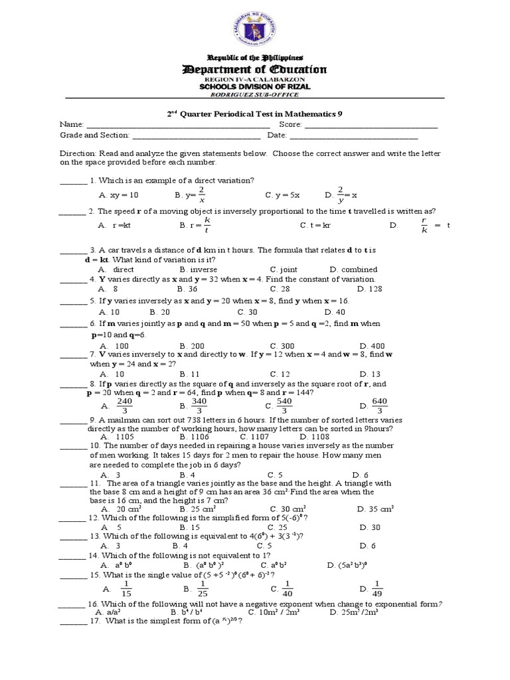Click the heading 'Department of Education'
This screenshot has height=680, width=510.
click(x=255, y=70)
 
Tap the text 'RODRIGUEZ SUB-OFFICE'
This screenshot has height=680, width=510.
click(x=255, y=94)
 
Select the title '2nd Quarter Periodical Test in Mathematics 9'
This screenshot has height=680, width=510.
click(x=255, y=114)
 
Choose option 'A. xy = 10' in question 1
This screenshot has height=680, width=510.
click(x=119, y=195)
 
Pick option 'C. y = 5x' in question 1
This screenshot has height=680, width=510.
click(x=282, y=195)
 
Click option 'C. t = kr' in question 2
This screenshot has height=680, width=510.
click(x=316, y=226)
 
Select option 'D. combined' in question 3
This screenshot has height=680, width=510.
click(x=353, y=270)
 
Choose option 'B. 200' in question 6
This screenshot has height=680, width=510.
click(x=192, y=346)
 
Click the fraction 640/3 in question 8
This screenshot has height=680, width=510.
click(x=379, y=406)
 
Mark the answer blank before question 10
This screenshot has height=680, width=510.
click(x=73, y=446)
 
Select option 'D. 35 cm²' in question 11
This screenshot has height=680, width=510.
click(x=375, y=509)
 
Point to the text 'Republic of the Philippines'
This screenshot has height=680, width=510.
click(x=255, y=58)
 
